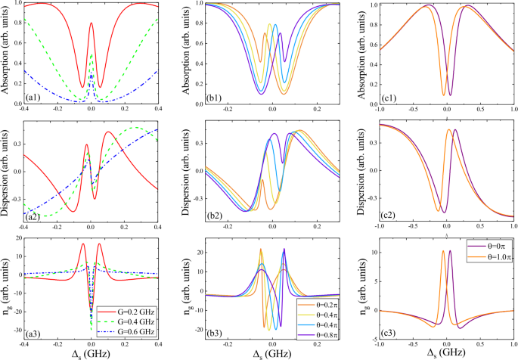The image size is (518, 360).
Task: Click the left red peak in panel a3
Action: (83, 244)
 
